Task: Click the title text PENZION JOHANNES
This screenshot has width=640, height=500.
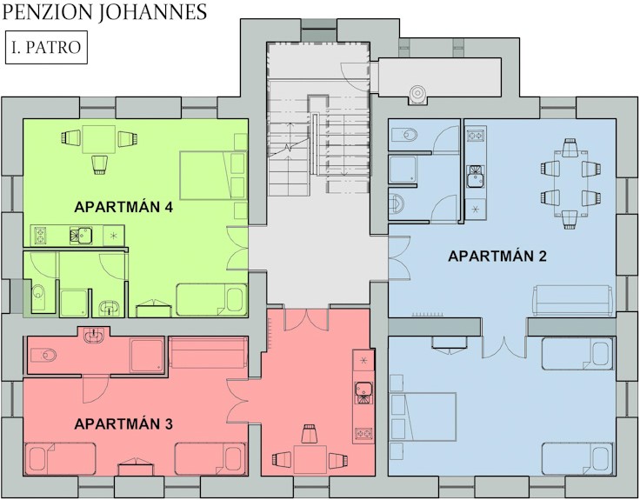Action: [104, 12]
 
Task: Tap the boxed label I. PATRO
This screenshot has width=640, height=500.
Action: [46, 47]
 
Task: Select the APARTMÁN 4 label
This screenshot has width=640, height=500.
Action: [123, 207]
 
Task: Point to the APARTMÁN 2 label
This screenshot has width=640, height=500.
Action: [497, 256]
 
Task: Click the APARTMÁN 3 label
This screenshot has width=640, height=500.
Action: [123, 423]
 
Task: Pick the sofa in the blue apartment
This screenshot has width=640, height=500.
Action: [573, 300]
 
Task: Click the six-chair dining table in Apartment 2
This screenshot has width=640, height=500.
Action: [571, 183]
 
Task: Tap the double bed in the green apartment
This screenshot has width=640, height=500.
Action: [213, 175]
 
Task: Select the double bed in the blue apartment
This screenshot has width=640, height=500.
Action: [423, 417]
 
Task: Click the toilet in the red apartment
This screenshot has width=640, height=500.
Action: [43, 355]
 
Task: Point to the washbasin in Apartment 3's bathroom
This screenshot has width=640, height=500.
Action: [95, 336]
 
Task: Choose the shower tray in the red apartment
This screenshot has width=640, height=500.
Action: [147, 355]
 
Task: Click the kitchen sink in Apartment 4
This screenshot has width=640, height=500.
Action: [81, 236]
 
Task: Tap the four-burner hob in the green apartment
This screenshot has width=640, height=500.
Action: [40, 236]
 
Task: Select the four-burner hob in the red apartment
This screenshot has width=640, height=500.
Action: [363, 433]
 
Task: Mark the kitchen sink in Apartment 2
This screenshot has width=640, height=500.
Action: [475, 177]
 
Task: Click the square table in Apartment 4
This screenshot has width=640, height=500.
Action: [98, 139]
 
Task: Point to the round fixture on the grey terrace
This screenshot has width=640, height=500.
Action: [417, 93]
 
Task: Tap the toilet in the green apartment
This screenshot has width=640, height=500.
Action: [39, 293]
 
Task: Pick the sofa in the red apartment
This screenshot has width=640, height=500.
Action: [208, 352]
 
